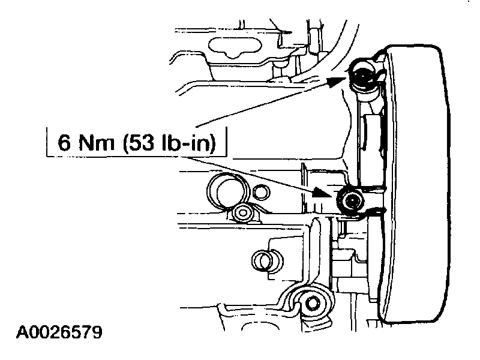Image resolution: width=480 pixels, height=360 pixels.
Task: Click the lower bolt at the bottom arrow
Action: (350, 199)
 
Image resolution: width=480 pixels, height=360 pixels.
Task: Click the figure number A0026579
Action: (59, 332)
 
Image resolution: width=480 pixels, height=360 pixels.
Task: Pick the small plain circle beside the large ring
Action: (259, 192)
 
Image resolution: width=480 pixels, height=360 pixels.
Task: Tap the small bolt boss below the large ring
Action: (244, 212)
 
